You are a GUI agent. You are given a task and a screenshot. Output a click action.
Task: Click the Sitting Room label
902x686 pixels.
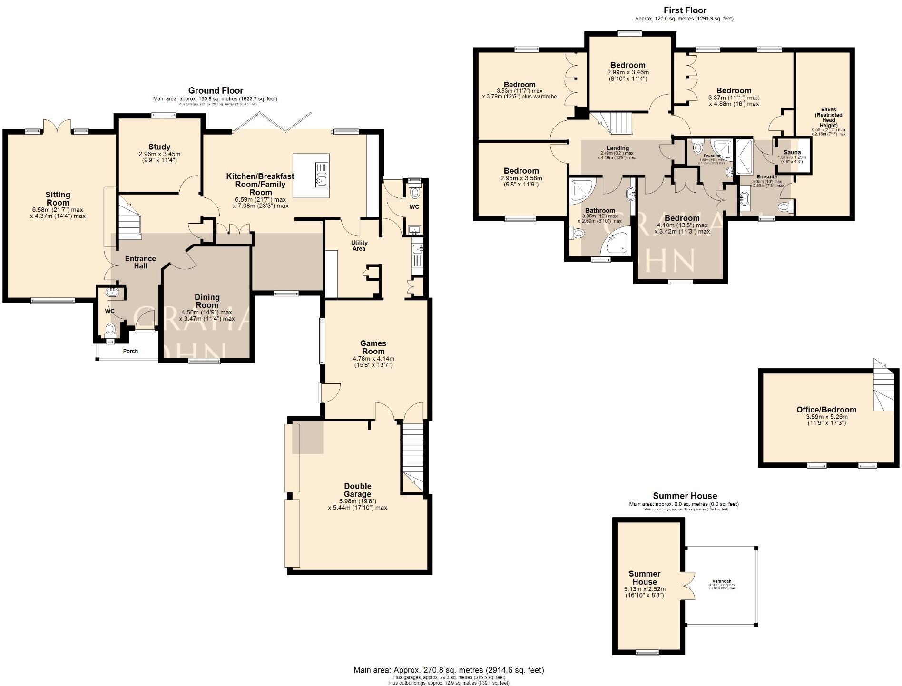click(x=58, y=198)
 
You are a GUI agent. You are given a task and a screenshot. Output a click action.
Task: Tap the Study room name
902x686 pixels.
click(x=159, y=147)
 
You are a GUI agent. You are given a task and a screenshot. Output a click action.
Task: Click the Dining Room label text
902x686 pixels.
click(x=207, y=301)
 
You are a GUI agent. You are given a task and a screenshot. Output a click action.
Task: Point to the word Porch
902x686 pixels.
click(x=130, y=351)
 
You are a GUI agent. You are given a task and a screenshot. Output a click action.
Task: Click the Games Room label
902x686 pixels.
click(x=373, y=347)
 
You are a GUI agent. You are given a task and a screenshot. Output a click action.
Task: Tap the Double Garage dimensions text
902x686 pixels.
click(x=357, y=504)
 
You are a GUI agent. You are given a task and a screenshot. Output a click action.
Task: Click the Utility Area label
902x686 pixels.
click(x=359, y=245)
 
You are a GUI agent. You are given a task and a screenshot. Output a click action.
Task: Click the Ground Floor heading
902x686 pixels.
click(x=216, y=90)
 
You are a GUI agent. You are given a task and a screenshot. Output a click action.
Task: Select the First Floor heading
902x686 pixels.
click(x=685, y=10)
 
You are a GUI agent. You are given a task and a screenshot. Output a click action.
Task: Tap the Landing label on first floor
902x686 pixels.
click(x=618, y=148)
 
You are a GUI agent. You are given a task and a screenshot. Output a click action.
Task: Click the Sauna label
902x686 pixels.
click(x=792, y=152)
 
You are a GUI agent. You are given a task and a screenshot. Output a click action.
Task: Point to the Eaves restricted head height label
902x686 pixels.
click(x=828, y=118)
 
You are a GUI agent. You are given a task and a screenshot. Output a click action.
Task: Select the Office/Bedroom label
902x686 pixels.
click(x=826, y=410)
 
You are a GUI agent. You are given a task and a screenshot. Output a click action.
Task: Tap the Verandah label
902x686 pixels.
click(x=722, y=581)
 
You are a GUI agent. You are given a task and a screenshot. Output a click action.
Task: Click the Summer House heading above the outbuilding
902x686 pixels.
click(x=685, y=496)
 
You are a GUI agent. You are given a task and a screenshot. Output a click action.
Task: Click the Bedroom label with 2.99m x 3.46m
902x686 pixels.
click(x=628, y=65)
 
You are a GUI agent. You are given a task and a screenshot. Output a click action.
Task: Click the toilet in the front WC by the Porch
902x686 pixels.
click(x=110, y=329)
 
